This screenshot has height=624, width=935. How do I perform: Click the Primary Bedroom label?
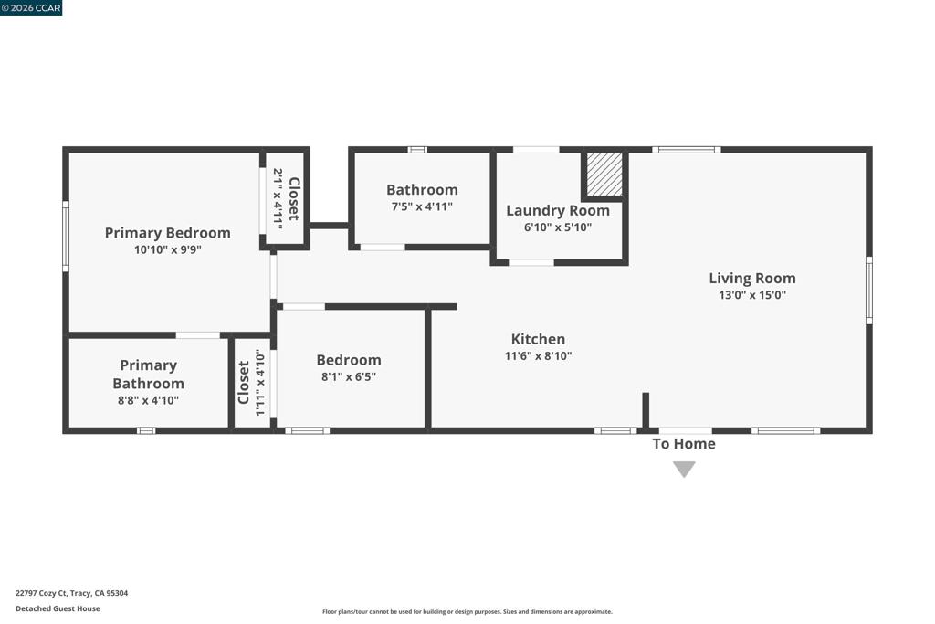click(x=168, y=233)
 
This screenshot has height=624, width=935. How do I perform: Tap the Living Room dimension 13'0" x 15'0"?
click(x=752, y=295)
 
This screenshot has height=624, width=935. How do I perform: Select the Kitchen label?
click(x=538, y=339)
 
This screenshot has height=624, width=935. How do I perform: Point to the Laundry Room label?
click(x=558, y=210)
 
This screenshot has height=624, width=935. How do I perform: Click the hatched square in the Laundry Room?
click(x=604, y=175)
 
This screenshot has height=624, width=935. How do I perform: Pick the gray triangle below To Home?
click(x=684, y=469)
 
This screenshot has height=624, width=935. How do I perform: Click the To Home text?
click(x=684, y=444)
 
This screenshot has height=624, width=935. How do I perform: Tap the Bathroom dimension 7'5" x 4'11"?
click(x=422, y=207)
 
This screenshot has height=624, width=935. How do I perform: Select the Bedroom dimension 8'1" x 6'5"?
click(x=349, y=377)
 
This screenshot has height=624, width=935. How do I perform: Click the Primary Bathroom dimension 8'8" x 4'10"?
click(x=149, y=401)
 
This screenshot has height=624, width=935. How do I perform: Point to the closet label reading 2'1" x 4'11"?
click(x=278, y=197)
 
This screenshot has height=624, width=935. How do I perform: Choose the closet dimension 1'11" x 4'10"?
click(x=260, y=383)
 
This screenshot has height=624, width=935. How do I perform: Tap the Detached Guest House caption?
click(x=58, y=608)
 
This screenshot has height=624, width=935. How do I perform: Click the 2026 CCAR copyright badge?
click(x=31, y=7)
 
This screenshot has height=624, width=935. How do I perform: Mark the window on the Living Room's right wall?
click(x=869, y=291)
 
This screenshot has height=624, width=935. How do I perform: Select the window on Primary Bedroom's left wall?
click(x=66, y=237)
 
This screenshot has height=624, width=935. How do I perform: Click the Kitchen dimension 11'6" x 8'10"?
click(x=538, y=356)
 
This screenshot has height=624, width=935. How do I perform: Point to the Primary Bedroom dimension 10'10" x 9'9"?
click(x=168, y=250)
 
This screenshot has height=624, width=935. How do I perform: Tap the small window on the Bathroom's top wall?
click(x=417, y=150)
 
